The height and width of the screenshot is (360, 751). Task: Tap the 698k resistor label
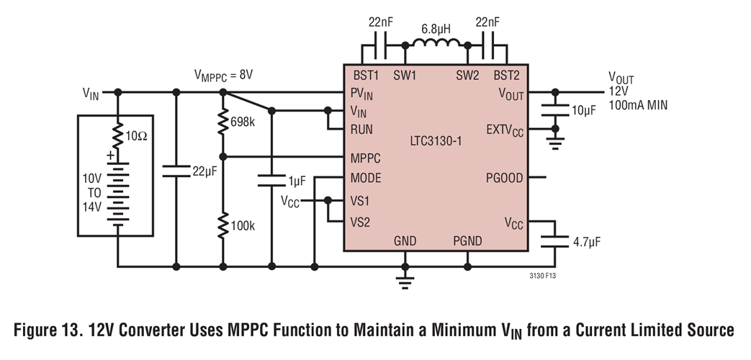(243, 122)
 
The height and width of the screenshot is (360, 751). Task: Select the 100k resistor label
(243, 225)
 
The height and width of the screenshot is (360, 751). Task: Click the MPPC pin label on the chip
(366, 157)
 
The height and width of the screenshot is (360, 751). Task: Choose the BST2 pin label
(508, 75)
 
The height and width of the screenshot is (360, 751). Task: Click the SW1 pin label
(405, 75)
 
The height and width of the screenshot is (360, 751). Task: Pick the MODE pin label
(366, 178)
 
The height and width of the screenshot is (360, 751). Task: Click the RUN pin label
(361, 130)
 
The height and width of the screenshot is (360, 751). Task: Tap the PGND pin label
(467, 240)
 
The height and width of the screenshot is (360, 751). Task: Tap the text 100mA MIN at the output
(638, 106)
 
